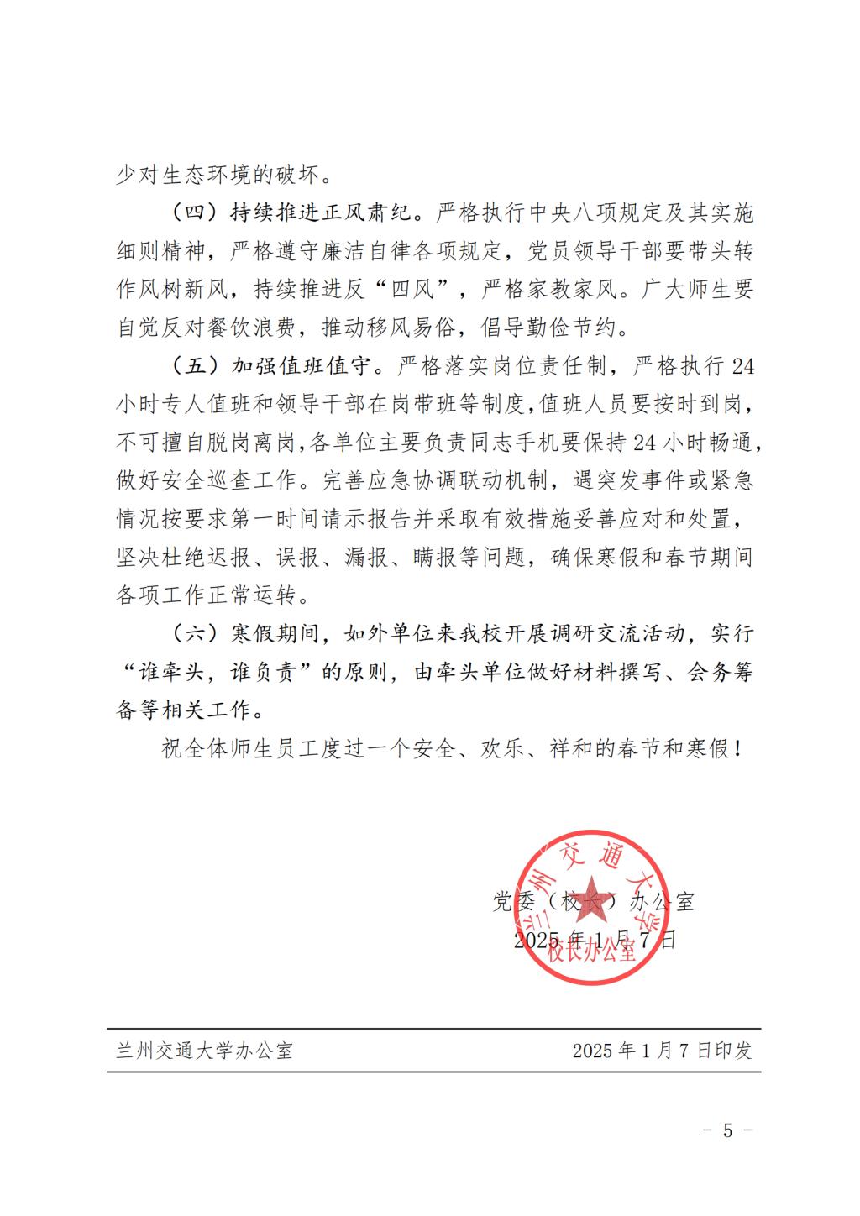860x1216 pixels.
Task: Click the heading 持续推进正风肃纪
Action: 322,212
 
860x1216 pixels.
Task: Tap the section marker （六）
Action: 195,632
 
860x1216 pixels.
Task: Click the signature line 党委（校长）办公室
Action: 593,902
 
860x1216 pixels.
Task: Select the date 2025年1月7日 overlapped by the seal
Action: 595,939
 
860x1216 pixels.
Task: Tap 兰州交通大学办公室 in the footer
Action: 204,1050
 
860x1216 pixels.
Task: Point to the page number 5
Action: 727,1130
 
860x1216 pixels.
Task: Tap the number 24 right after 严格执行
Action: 742,367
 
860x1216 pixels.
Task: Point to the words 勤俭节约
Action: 571,328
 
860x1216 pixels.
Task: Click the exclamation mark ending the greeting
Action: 737,748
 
